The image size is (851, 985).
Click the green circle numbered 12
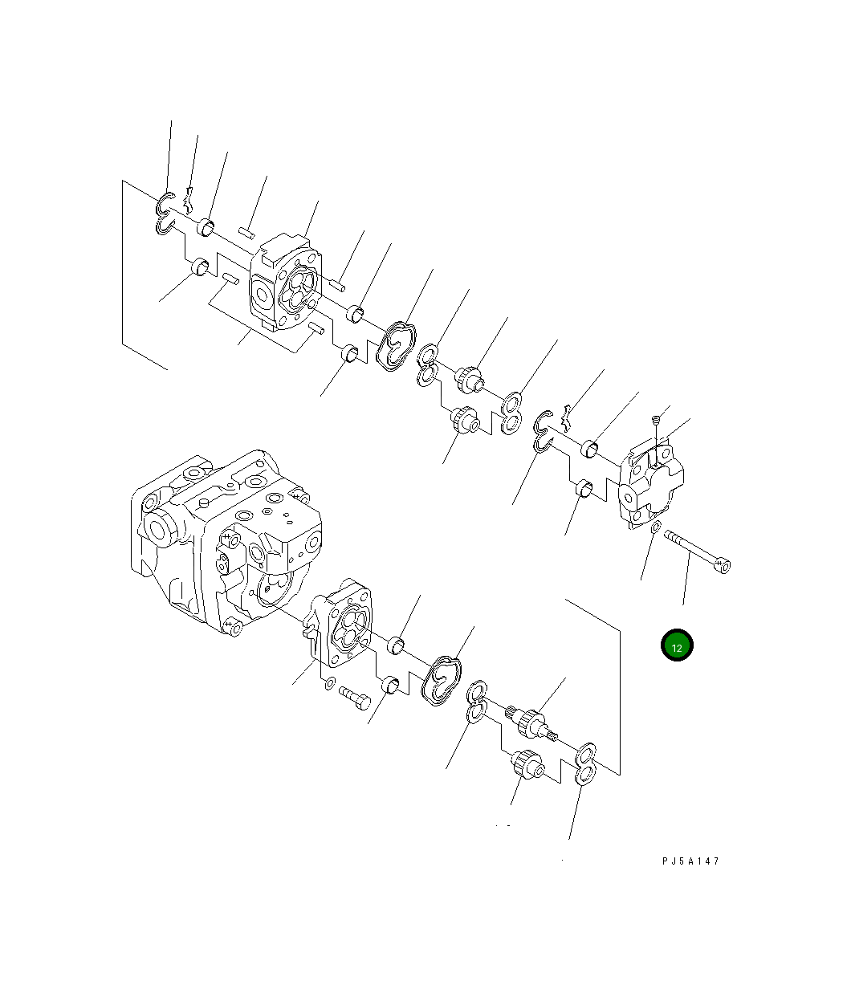tap(677, 645)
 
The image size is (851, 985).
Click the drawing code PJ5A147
tap(690, 861)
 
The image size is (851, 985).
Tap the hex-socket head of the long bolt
tap(723, 566)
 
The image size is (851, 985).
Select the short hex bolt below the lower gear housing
tap(355, 698)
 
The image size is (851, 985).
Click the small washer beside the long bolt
tap(656, 527)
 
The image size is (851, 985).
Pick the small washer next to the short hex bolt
tap(330, 683)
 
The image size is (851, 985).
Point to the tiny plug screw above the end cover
tap(656, 420)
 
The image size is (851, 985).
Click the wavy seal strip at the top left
tap(189, 200)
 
